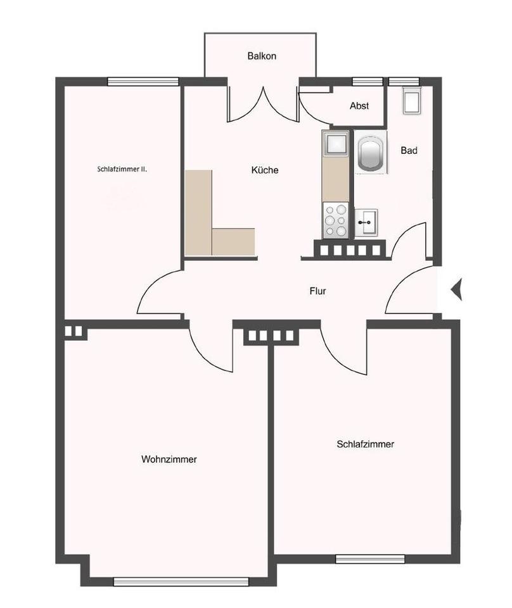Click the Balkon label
(x=262, y=56)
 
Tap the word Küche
(x=265, y=170)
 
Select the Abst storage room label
(x=359, y=106)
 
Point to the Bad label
(x=409, y=151)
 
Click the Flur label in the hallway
(x=317, y=292)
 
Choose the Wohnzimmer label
(x=169, y=460)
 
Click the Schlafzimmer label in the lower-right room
(x=366, y=445)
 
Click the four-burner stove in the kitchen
(x=335, y=220)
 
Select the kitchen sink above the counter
(x=335, y=144)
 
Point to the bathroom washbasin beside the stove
(x=366, y=222)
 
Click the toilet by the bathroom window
(x=412, y=101)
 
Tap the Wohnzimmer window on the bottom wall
(x=181, y=581)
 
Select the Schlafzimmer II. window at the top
(x=143, y=81)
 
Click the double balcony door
(x=262, y=104)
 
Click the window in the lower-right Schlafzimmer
(x=369, y=559)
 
